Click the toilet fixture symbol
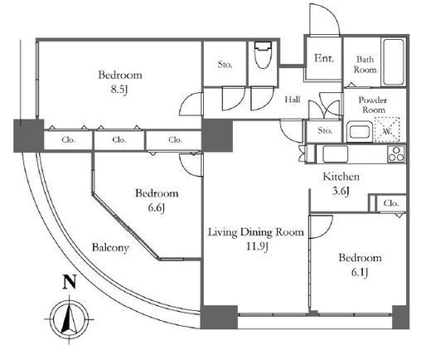click(x=263, y=55)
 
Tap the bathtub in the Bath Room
click(x=394, y=62)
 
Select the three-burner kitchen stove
click(x=396, y=154)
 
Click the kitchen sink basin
click(x=336, y=154)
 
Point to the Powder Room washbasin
click(x=359, y=131)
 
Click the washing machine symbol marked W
click(x=387, y=130)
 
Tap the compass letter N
click(x=70, y=282)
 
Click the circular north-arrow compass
click(x=70, y=319)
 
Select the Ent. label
click(x=324, y=58)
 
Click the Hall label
click(x=293, y=100)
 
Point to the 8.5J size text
click(x=120, y=90)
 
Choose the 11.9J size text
click(x=257, y=246)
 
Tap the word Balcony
click(x=110, y=247)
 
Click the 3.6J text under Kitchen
click(x=341, y=191)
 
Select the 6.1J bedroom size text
click(x=360, y=273)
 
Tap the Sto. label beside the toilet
click(x=225, y=65)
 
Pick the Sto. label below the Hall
click(x=325, y=130)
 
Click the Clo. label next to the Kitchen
click(x=391, y=203)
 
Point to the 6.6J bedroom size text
click(x=157, y=208)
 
